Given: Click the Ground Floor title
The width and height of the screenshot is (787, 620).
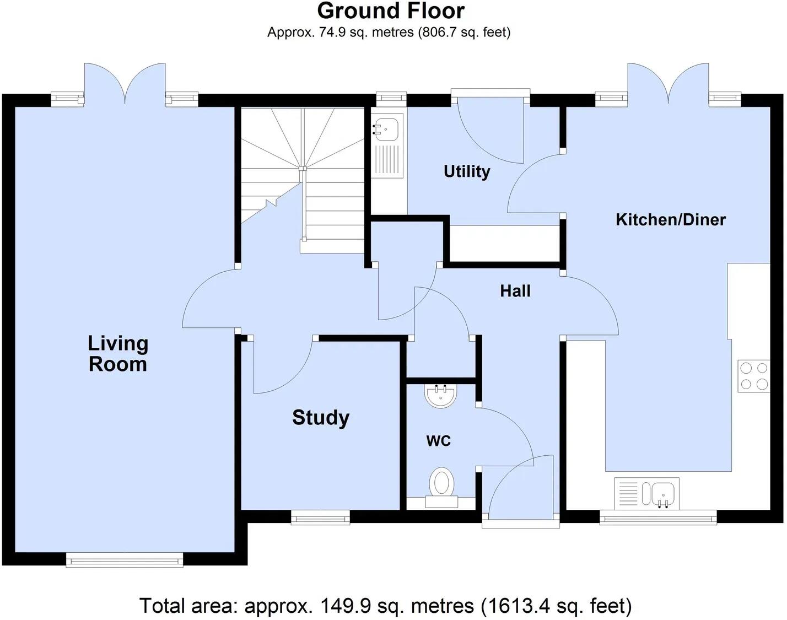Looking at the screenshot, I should click(x=391, y=11).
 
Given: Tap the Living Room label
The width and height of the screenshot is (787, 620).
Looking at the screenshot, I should click(x=118, y=354).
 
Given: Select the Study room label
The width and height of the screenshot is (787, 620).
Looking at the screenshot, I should click(x=320, y=418).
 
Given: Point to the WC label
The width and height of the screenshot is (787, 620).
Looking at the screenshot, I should click(x=438, y=441).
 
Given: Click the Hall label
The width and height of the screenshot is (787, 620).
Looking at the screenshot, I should click(x=515, y=291).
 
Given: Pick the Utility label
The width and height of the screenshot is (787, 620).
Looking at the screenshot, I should click(x=466, y=171).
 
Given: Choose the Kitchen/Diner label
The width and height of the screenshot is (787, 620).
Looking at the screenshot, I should click(x=670, y=220).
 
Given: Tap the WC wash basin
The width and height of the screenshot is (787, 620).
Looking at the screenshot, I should click(x=440, y=395).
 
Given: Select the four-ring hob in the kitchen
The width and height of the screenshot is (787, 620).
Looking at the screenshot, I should click(x=754, y=376).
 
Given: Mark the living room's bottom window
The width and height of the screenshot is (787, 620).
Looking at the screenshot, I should click(x=124, y=560).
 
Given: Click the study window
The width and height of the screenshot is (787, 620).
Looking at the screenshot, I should click(x=320, y=517).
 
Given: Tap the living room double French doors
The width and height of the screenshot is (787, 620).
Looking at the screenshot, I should click(x=125, y=85).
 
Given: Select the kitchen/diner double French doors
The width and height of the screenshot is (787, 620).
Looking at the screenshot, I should click(x=669, y=85).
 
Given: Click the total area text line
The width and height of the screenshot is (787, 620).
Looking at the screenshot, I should click(x=385, y=606).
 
